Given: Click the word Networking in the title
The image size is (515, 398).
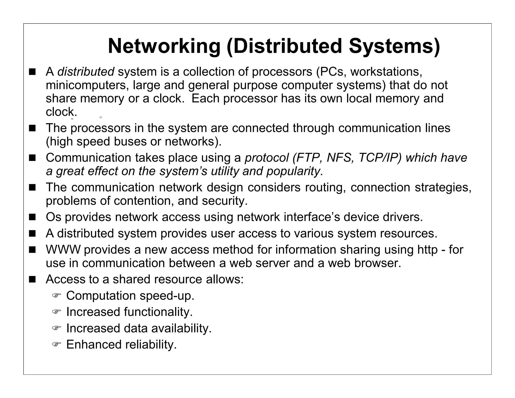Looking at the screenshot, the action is [164, 46].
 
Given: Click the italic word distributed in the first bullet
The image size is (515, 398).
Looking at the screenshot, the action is [86, 72].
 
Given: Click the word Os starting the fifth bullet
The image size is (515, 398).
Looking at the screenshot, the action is [53, 217].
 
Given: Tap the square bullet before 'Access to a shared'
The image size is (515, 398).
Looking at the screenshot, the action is [32, 280].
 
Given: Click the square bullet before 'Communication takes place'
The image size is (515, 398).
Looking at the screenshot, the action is [32, 158].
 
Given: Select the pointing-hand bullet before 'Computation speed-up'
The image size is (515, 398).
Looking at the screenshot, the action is [57, 295].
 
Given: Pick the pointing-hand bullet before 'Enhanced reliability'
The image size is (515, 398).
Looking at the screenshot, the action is [57, 344].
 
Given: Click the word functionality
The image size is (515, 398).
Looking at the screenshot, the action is [158, 312].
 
